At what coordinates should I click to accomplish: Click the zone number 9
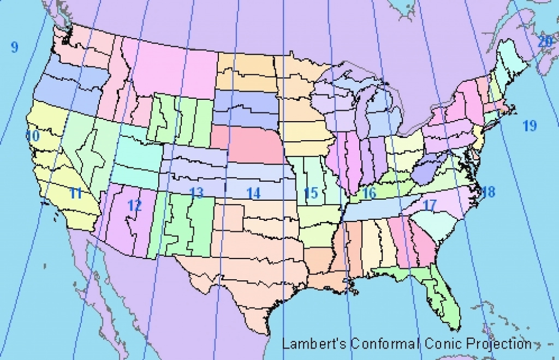point(14,47)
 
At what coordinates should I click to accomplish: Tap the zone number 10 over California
point(33,136)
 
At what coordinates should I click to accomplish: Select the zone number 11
point(76,193)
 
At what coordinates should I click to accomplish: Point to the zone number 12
point(134,206)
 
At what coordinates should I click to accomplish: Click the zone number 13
point(196,192)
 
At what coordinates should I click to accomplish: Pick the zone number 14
point(253,193)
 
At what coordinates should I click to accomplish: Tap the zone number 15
point(311,193)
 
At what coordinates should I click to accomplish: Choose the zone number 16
point(369,193)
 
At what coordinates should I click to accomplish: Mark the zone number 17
point(430,205)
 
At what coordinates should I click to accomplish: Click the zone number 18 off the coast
point(489,192)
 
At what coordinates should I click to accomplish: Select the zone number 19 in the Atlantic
point(530,126)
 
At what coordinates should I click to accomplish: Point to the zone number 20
point(545,41)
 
